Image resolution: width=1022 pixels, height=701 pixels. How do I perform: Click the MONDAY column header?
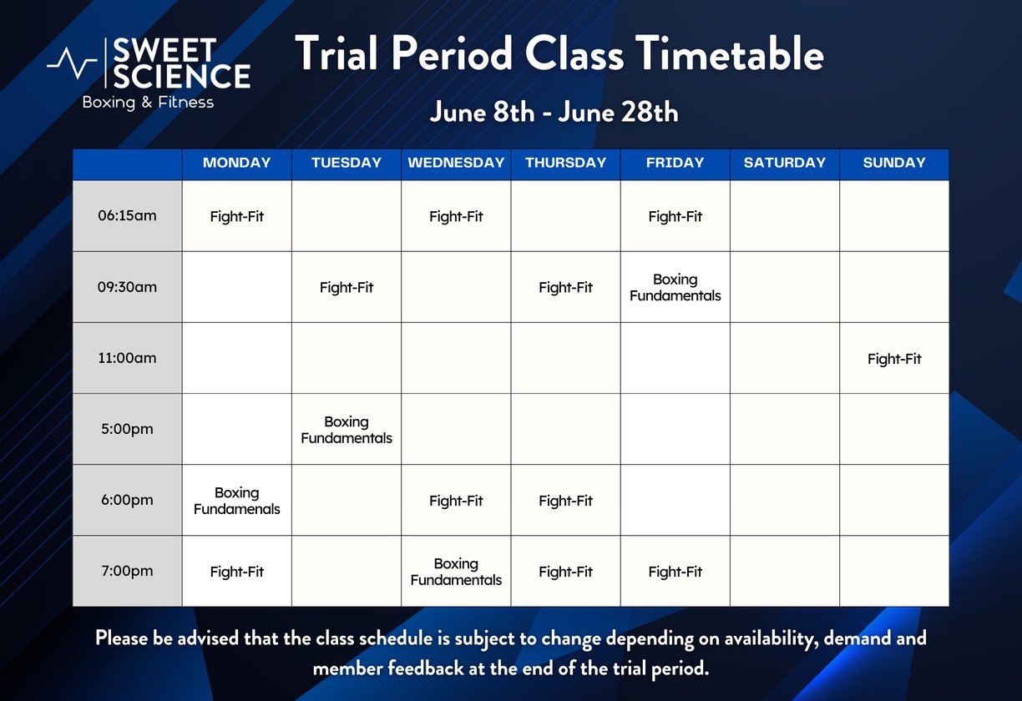coord(237,163)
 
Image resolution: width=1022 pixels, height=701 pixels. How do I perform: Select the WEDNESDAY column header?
coord(456,163)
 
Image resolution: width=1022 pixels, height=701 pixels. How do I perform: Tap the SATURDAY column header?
coord(785,163)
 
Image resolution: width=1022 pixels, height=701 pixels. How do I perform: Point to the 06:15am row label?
coord(127,215)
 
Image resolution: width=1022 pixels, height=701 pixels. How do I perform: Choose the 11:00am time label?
coord(127,358)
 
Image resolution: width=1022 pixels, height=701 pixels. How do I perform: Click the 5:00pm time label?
coord(127,429)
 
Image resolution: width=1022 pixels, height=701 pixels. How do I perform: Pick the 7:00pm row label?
coord(127,571)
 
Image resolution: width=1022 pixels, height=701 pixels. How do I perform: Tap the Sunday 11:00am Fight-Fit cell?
coord(894,359)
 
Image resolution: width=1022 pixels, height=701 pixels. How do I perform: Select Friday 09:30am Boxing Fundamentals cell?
coord(675,287)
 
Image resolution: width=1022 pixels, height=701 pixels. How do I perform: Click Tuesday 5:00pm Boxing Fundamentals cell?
coord(347,430)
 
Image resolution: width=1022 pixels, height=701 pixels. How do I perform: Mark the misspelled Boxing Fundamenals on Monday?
coord(237,501)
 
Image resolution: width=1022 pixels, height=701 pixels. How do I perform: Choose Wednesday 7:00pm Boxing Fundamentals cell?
coord(456,572)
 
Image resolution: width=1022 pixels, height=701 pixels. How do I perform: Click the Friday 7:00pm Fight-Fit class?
coord(675,572)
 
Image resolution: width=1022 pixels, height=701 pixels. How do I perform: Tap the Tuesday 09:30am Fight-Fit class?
coord(347,288)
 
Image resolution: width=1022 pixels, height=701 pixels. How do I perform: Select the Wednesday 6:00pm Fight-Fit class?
coord(456,501)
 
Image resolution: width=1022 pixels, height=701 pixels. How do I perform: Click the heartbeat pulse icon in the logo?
coord(72,63)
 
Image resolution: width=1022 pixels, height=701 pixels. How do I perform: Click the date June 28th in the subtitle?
coord(618,112)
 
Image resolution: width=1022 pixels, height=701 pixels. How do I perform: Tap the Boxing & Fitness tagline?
coord(148,102)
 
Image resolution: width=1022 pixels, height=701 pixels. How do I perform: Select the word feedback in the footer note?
coord(425,668)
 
